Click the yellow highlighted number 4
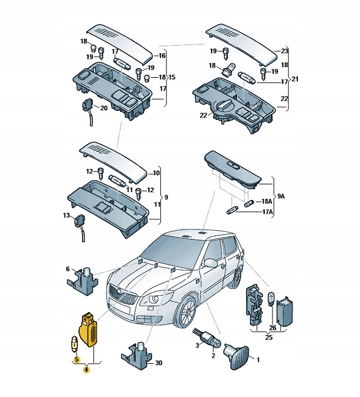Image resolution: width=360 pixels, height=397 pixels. coord(86,370)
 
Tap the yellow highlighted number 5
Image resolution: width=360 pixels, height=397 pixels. coord(77,359)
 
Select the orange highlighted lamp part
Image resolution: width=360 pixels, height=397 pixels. coord(89,330)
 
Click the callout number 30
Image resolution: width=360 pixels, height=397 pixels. coord(159,363)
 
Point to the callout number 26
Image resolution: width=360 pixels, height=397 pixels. coord(273,328)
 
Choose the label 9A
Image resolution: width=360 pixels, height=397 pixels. coord(280,196)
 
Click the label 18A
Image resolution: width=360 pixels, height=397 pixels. coord(267,201)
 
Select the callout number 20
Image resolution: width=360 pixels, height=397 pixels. coord(104,108)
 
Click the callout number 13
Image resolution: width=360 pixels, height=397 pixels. coord(66,215)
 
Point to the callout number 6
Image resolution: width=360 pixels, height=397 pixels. coord(68,269)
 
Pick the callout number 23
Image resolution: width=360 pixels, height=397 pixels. coord(285,51)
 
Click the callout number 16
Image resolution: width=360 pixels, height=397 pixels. coord(162,55)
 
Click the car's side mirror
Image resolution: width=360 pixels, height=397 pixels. coord(210,263)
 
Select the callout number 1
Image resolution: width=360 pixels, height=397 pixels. coord(258,360)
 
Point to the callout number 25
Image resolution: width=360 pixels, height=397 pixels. coord(268,337)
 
